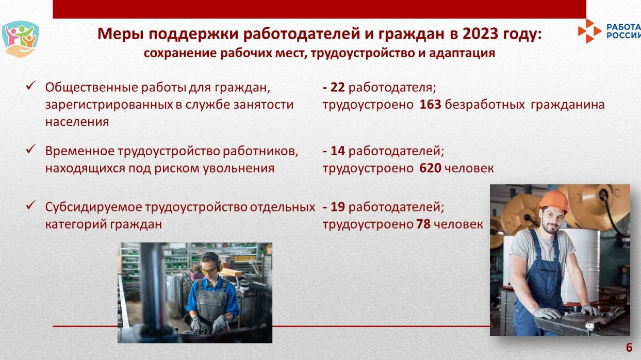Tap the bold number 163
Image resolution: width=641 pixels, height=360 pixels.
point(430,105)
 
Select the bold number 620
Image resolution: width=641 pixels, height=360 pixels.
point(430,168)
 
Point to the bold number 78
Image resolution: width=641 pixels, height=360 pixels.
point(423,224)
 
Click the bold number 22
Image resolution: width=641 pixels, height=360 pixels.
point(338,88)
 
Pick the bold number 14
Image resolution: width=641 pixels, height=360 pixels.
point(338,151)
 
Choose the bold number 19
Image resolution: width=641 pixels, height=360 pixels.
point(338,207)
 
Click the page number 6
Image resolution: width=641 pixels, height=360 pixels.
point(629,348)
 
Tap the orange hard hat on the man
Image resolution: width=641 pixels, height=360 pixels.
point(554,201)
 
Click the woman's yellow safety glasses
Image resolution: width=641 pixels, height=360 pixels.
point(209,270)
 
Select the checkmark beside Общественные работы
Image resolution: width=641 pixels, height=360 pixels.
point(30,85)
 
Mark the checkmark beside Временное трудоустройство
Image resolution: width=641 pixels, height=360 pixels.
point(30,149)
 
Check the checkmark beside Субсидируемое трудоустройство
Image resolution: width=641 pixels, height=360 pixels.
point(30,205)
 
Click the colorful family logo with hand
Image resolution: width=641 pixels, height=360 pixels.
point(20,39)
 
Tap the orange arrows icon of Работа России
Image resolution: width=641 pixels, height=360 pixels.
point(589,31)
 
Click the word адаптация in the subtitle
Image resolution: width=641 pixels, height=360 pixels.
point(462,54)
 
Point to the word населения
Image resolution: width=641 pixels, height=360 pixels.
point(77,122)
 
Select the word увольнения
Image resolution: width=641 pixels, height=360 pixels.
point(239,169)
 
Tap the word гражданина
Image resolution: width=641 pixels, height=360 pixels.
point(568,105)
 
